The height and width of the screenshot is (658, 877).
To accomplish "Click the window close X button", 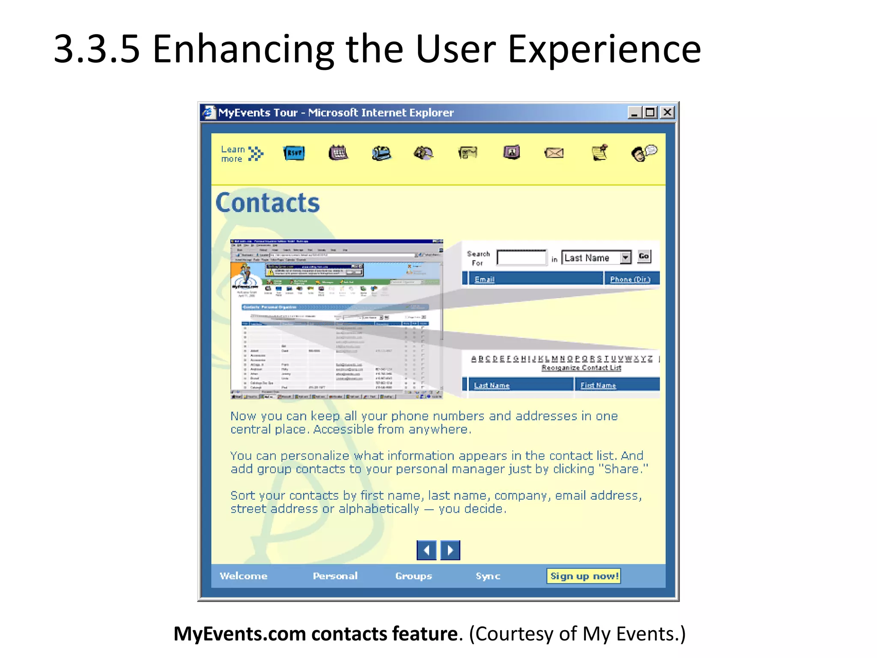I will point(667,113).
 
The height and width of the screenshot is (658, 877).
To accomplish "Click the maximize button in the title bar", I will point(650,113).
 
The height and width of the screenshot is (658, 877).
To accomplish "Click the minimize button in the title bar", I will point(635,113).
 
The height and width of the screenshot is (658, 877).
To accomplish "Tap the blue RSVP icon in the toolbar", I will point(294,153).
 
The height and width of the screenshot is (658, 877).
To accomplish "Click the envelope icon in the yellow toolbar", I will point(554,153).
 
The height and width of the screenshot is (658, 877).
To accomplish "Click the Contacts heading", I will point(268,203).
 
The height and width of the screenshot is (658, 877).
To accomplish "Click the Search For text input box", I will point(522,258).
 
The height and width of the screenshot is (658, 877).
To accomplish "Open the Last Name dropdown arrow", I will point(626,257).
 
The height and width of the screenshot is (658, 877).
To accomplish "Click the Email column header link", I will point(484,279).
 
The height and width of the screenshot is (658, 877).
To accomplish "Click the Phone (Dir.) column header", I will point(630,279).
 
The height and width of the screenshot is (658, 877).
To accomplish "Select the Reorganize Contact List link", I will point(581,368).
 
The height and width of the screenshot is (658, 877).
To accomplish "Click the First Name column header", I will point(598,386).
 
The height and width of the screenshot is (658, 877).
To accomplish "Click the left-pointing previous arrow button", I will point(427,550).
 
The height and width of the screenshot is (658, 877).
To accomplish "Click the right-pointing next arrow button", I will point(450,550).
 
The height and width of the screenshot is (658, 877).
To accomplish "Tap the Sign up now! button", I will point(584,576).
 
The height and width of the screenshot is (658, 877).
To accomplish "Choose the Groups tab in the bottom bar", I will point(413,576).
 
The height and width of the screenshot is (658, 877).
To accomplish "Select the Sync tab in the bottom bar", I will point(488,576).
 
